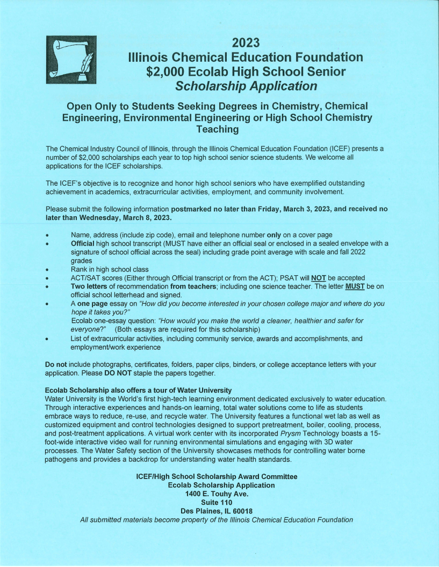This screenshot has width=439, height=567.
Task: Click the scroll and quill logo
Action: pos(71,59)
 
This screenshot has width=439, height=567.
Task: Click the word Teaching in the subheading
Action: pos(217,129)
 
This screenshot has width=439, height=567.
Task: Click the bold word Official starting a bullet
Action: pos(83,244)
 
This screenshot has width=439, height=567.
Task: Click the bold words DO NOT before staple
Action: pos(122,373)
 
